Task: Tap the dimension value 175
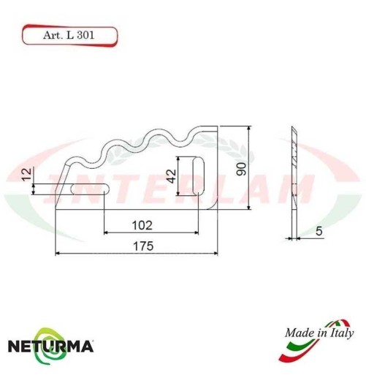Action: pyautogui.click(x=143, y=247)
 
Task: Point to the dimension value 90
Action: pyautogui.click(x=240, y=167)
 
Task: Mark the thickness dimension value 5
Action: pyautogui.click(x=319, y=231)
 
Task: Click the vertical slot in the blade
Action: pyautogui.click(x=198, y=175)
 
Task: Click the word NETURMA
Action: pyautogui.click(x=50, y=344)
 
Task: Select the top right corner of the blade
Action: pyautogui.click(x=218, y=126)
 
